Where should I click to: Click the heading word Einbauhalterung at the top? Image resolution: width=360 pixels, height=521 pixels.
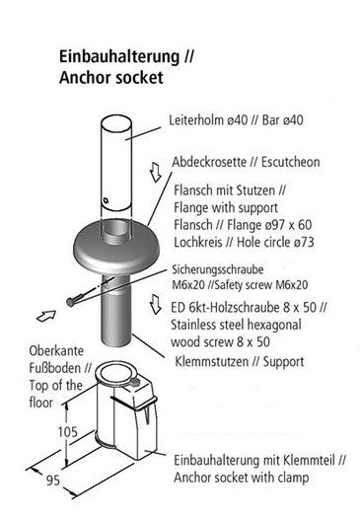tap(119, 57)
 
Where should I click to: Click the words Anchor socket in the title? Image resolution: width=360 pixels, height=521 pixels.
tap(110, 78)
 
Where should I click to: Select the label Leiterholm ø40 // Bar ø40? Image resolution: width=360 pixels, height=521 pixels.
tap(236, 120)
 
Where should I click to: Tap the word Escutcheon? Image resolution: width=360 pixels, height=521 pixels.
tap(291, 162)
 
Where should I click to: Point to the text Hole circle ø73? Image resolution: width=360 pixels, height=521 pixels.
tap(275, 242)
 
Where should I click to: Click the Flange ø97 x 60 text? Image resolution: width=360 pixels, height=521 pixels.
tap(269, 225)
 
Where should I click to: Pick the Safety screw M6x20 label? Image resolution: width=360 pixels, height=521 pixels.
tap(261, 285)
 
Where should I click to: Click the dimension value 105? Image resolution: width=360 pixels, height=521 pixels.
tap(68, 432)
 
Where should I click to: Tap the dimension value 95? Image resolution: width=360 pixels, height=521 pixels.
tap(53, 481)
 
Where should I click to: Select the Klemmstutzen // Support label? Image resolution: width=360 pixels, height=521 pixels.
tap(239, 361)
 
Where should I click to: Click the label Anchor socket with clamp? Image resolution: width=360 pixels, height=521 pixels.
tap(241, 478)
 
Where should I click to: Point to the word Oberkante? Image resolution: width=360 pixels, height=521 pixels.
tap(56, 351)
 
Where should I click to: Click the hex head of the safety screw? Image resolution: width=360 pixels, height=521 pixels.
tap(70, 302)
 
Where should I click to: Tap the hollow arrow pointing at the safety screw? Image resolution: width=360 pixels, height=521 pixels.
tap(45, 316)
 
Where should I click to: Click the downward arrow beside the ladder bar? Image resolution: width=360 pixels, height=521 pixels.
tap(155, 172)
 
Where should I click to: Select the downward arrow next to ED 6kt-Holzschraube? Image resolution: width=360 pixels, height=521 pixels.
tap(155, 304)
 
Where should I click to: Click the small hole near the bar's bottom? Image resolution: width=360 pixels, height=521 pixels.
tap(106, 200)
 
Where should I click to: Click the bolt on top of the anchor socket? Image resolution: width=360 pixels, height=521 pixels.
tap(135, 382)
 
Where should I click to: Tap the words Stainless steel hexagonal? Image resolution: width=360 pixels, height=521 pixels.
tap(236, 325)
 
